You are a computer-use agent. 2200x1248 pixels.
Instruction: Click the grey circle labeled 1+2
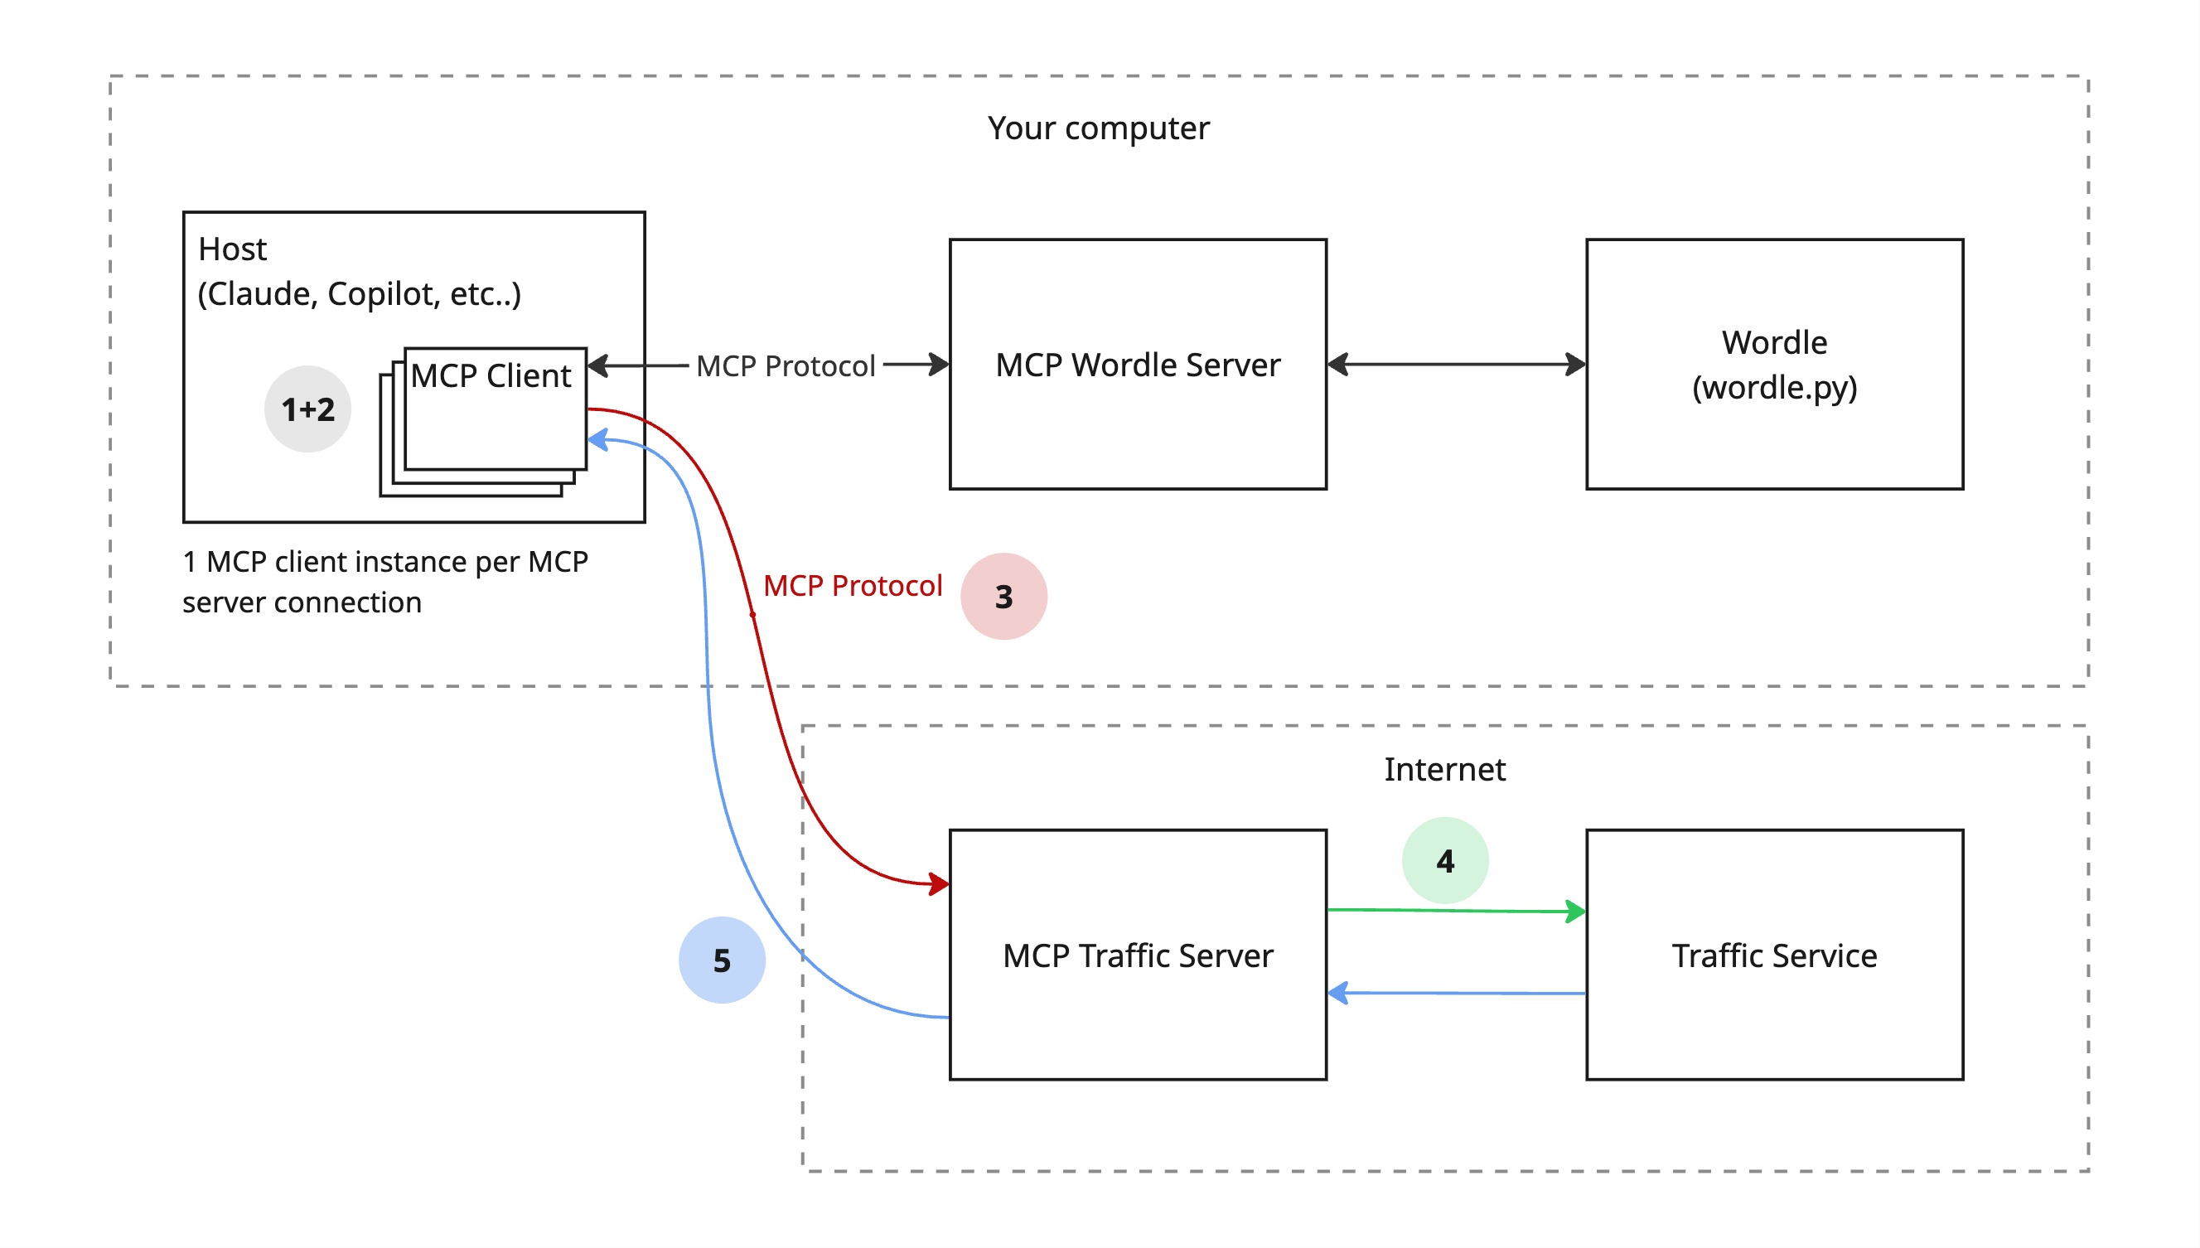(x=307, y=409)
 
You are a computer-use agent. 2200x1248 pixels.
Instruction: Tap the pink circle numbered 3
(x=1003, y=596)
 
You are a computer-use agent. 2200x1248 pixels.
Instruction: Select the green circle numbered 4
(x=1445, y=859)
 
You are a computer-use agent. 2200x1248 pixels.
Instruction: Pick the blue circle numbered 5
(x=722, y=960)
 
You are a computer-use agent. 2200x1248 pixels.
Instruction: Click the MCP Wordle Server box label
(x=1137, y=365)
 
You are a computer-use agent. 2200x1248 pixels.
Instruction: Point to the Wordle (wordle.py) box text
(x=1774, y=365)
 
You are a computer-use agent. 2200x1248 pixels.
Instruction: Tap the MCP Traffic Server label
(x=1137, y=955)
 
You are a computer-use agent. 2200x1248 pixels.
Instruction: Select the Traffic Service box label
(x=1774, y=955)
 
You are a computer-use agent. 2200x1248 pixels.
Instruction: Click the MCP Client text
(x=491, y=375)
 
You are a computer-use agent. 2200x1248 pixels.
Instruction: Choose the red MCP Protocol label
(x=853, y=585)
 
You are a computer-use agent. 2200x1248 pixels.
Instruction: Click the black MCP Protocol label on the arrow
(x=785, y=366)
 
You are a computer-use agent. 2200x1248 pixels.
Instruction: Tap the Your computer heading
(x=1098, y=128)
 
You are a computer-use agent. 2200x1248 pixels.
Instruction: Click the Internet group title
(x=1445, y=769)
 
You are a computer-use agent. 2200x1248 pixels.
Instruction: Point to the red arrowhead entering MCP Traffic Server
(x=939, y=883)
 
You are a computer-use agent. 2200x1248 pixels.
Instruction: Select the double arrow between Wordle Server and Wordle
(x=1456, y=365)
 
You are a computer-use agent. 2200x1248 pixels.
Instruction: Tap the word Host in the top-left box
(x=232, y=249)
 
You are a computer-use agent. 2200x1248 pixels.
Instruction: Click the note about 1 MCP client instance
(x=384, y=582)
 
